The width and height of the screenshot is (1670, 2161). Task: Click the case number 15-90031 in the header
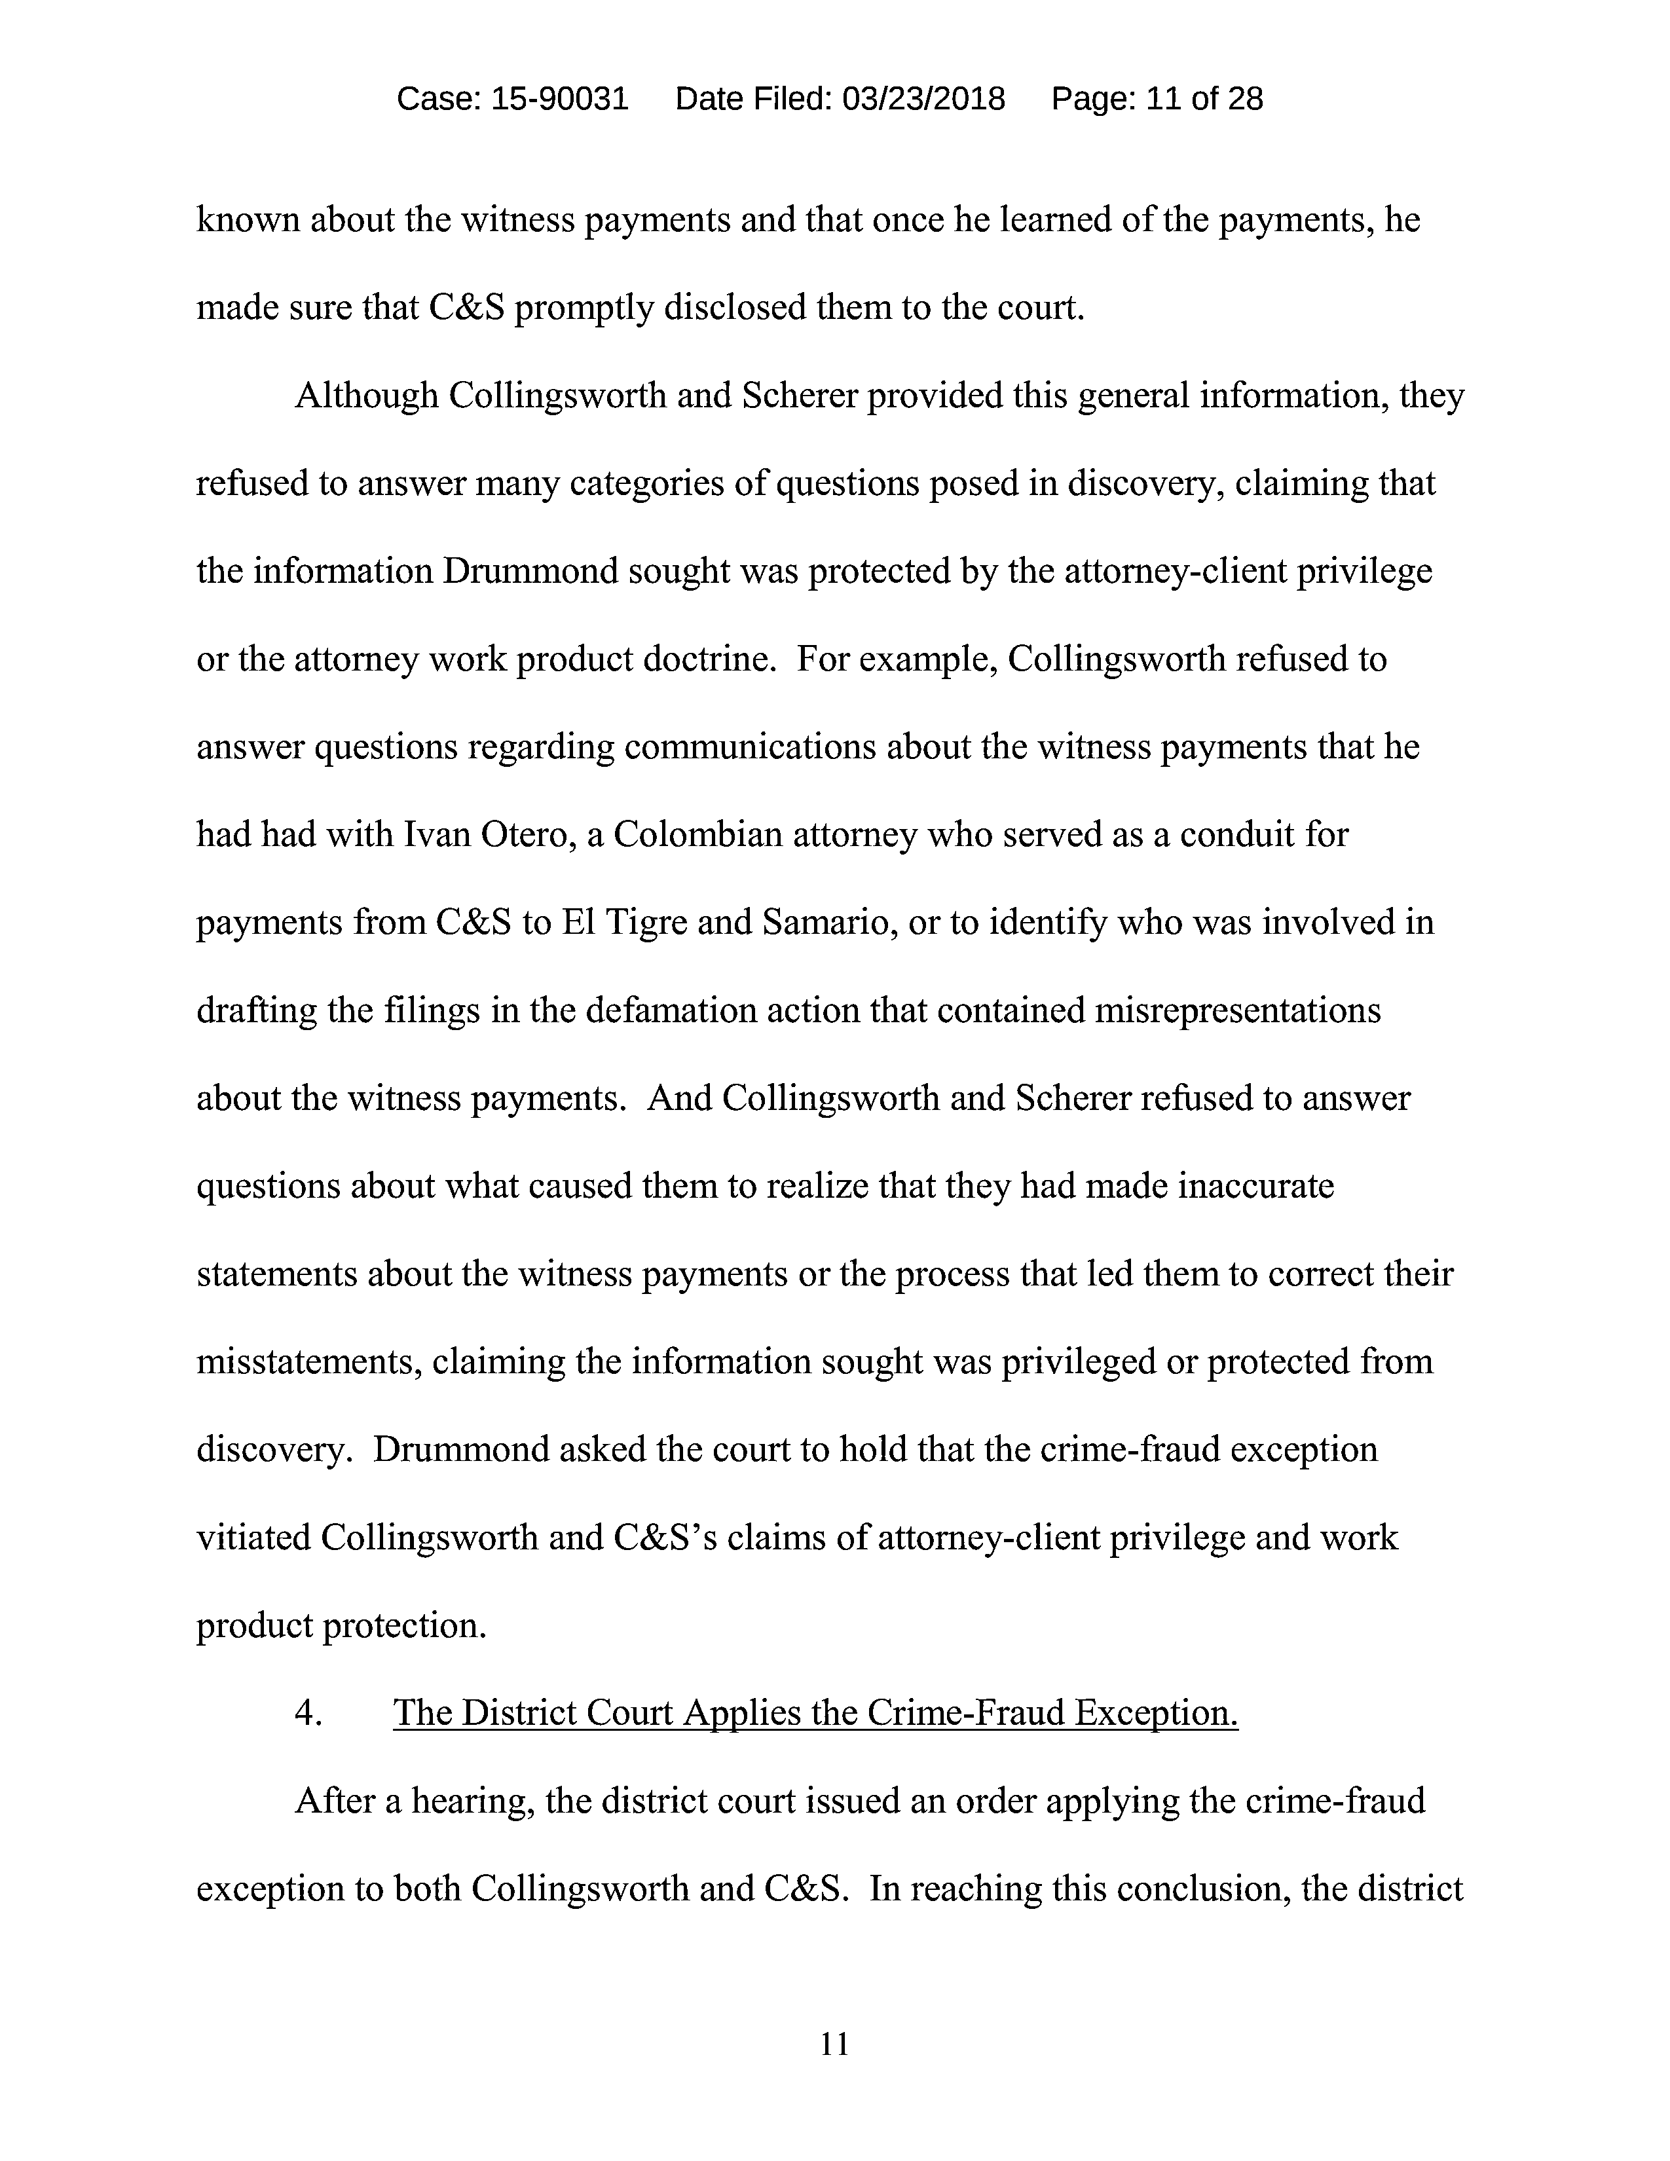pos(559,99)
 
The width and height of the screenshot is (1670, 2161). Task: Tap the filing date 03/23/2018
pos(923,99)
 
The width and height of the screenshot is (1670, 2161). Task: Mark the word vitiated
pos(253,1538)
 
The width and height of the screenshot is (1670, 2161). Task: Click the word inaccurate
pos(1255,1185)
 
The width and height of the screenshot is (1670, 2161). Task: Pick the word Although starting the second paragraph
pos(367,396)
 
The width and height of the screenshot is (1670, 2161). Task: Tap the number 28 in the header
pos(1244,99)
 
